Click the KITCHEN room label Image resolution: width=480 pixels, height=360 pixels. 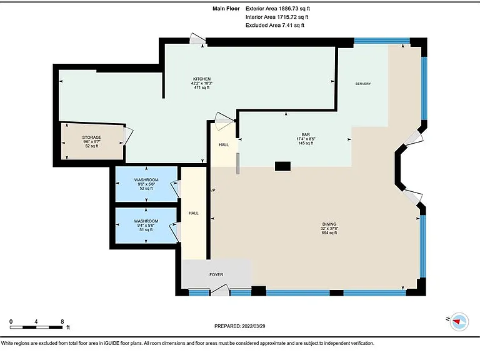(202, 79)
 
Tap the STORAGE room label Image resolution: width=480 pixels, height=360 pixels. (91, 137)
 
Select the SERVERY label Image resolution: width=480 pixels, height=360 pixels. (363, 84)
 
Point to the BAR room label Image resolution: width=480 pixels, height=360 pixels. (306, 135)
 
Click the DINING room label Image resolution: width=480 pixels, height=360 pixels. (329, 224)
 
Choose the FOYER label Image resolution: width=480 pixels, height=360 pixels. (216, 274)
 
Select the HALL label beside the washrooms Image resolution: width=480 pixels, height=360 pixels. (194, 213)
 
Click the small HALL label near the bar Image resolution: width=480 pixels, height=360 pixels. (224, 145)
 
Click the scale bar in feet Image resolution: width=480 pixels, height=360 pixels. (36, 327)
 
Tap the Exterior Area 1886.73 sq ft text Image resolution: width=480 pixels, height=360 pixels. (277, 9)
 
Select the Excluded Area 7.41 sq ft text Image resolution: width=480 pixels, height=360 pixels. (275, 26)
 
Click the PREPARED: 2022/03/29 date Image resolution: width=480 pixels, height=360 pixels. (240, 326)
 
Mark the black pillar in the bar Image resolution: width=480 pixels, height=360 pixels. (282, 166)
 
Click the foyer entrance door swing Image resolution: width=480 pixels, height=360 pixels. (220, 291)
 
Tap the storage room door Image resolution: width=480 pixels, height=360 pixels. (128, 136)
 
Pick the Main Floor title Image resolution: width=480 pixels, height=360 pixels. (226, 9)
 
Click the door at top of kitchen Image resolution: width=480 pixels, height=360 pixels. (197, 39)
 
